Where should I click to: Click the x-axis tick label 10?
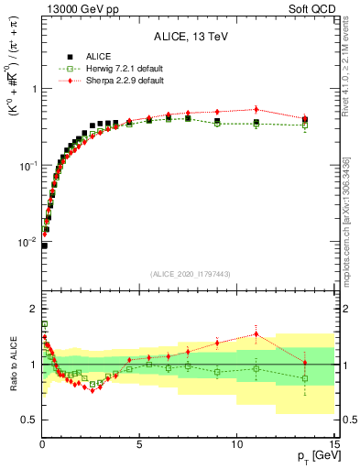[x=236, y=444]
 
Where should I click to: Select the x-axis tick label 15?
[x=333, y=444]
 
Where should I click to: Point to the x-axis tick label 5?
[x=139, y=444]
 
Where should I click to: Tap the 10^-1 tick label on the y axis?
[x=26, y=166]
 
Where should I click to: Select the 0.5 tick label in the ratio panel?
[x=27, y=420]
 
